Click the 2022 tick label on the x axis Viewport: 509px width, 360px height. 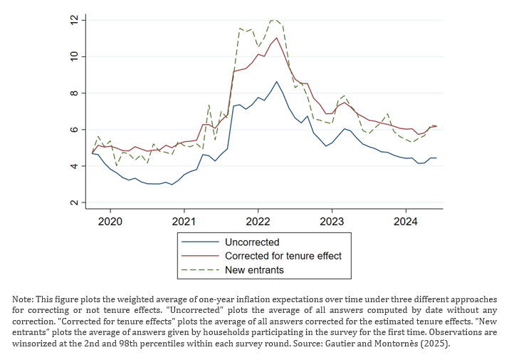click(x=258, y=222)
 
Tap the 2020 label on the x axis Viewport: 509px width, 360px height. click(x=110, y=222)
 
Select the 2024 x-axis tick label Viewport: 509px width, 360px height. click(x=405, y=222)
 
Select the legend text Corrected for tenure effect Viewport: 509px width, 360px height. click(x=283, y=256)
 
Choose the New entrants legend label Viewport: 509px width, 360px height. click(x=254, y=269)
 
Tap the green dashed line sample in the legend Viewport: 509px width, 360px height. click(x=200, y=269)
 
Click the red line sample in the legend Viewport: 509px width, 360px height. click(x=200, y=256)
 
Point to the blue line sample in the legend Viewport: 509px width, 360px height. click(x=200, y=242)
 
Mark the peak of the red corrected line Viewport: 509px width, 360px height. click(x=276, y=38)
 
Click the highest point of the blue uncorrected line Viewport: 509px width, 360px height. click(x=276, y=81)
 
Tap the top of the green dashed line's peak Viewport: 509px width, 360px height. click(x=273, y=20)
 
